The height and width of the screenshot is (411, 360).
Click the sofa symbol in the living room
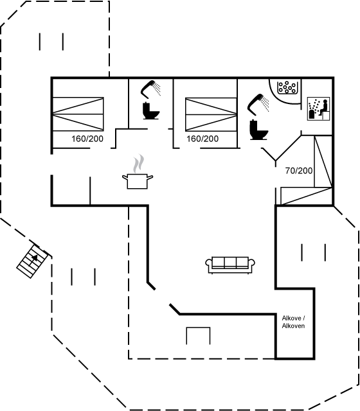pos(230,265)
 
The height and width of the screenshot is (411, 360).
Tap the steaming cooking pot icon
pos(138,172)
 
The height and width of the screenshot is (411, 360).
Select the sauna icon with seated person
pos(319,109)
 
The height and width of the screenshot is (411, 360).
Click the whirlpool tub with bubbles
pos(287,87)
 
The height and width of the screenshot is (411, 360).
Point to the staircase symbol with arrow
pos(33,261)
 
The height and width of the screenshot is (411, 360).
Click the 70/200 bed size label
pos(299,171)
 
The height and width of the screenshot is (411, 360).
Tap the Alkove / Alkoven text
pos(293,322)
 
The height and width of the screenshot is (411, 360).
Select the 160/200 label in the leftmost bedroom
pos(87,139)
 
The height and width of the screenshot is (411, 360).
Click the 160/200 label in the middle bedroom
pos(203,139)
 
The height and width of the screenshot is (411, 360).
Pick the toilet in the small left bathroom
pos(151,111)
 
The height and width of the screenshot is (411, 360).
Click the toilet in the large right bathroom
pos(258,130)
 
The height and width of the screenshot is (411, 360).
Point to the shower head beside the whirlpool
pos(258,104)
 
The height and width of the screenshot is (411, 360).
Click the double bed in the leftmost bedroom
pos(78,114)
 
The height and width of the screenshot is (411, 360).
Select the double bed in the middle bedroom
pos(212,114)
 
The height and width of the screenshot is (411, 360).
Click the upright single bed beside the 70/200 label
pos(323,161)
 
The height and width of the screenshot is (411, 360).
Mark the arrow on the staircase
pos(34,260)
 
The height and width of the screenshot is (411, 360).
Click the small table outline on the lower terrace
pos(198,335)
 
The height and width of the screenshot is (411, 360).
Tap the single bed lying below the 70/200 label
pos(307,196)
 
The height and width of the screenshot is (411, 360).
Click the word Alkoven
pos(293,326)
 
